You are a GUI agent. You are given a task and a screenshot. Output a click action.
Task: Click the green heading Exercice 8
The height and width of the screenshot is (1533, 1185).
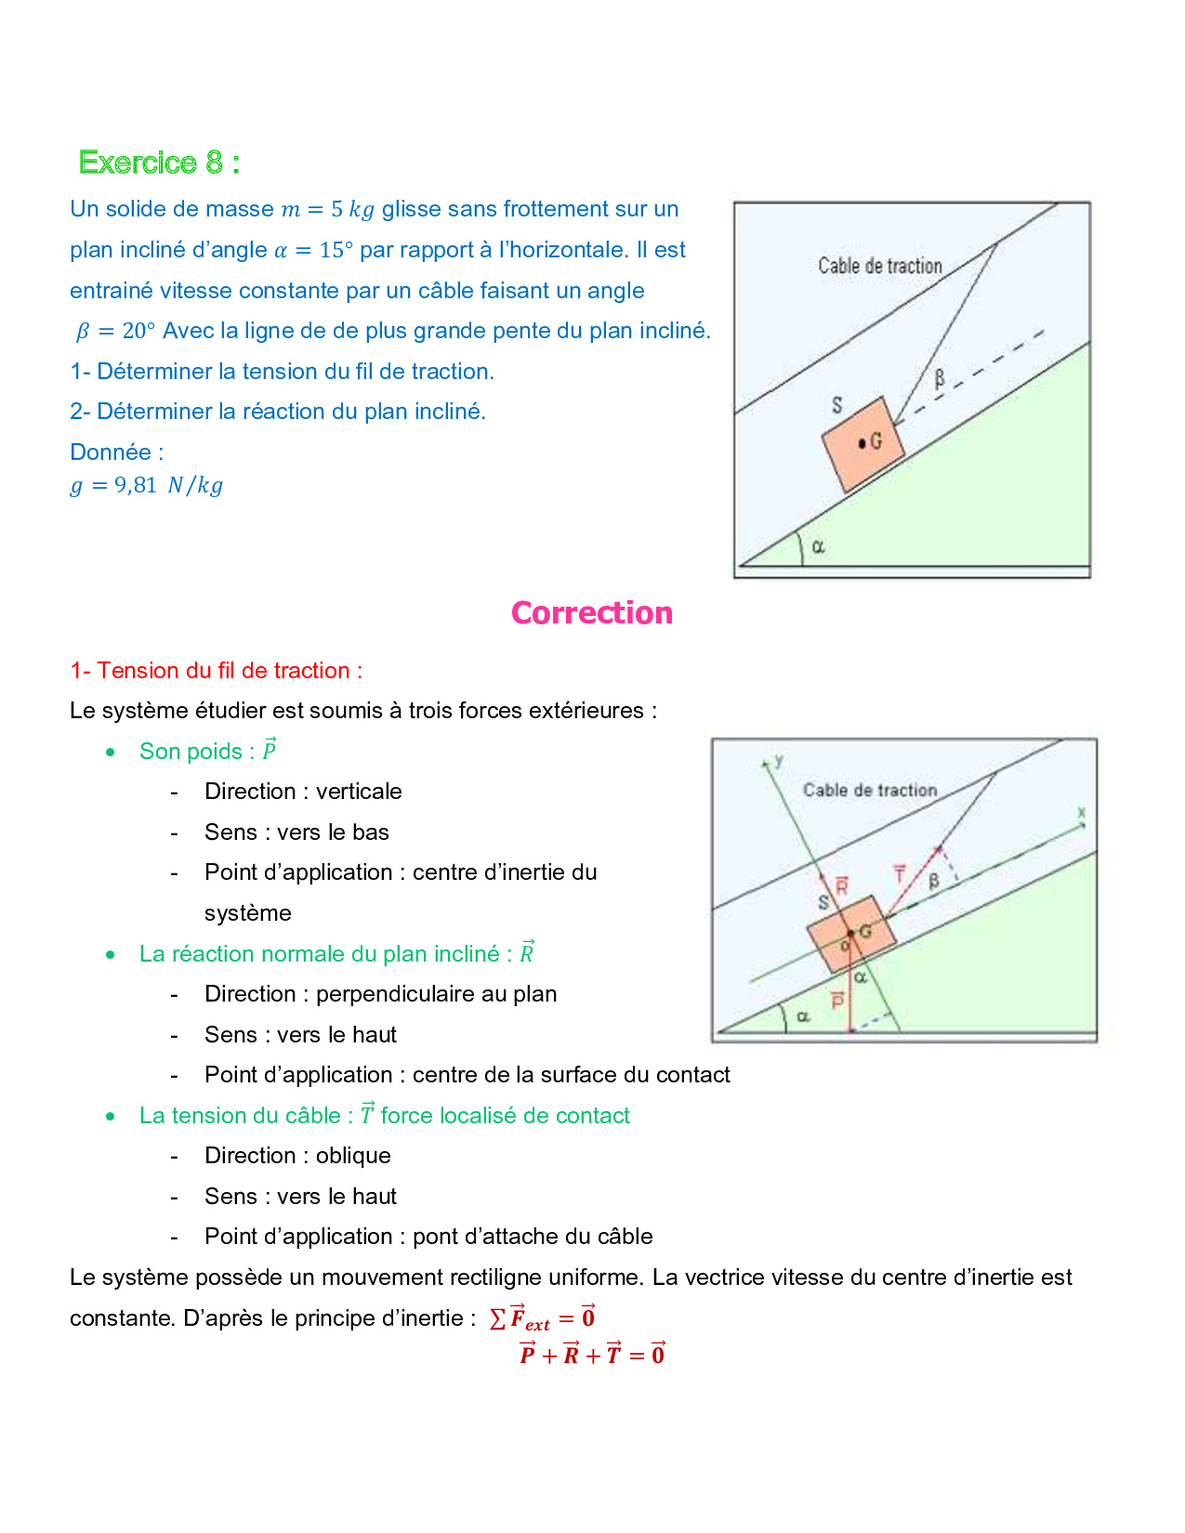pyautogui.click(x=159, y=163)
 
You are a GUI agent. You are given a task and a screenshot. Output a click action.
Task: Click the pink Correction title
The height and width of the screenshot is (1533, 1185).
pyautogui.click(x=591, y=613)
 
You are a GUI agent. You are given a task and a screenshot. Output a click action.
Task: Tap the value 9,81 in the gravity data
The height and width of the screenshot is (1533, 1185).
pyautogui.click(x=136, y=485)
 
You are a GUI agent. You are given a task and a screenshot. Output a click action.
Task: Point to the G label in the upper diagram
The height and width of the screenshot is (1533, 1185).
pyautogui.click(x=876, y=442)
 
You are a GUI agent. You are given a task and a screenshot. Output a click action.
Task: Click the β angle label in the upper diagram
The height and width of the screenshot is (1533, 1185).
pyautogui.click(x=940, y=378)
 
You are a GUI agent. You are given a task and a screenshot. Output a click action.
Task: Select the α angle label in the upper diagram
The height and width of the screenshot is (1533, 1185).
pyautogui.click(x=818, y=546)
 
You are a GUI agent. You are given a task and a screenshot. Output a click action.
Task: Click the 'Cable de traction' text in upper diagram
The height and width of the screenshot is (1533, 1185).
pyautogui.click(x=879, y=266)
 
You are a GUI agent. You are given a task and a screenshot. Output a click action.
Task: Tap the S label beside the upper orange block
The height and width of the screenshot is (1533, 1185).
pyautogui.click(x=836, y=405)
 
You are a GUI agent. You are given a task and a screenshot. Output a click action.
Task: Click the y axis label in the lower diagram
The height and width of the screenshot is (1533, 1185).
pyautogui.click(x=779, y=760)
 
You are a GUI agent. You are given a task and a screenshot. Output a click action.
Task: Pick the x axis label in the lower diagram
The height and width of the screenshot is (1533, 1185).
pyautogui.click(x=1081, y=812)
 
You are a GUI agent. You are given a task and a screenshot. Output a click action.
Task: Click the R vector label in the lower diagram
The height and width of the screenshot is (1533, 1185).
pyautogui.click(x=841, y=885)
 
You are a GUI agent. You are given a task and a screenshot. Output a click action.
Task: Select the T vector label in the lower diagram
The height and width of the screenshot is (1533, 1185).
pyautogui.click(x=899, y=873)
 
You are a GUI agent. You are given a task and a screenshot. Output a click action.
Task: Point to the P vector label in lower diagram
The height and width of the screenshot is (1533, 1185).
pyautogui.click(x=837, y=1000)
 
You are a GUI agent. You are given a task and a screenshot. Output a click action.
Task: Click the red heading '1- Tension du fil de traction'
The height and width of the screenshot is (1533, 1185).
pyautogui.click(x=216, y=671)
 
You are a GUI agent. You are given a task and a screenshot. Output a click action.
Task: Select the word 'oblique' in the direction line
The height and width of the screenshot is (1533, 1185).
pyautogui.click(x=353, y=1156)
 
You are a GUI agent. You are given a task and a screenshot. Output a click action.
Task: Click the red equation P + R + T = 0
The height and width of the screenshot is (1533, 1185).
pyautogui.click(x=591, y=1355)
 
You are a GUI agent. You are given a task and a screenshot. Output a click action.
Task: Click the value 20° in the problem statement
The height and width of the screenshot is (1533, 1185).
pyautogui.click(x=139, y=331)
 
